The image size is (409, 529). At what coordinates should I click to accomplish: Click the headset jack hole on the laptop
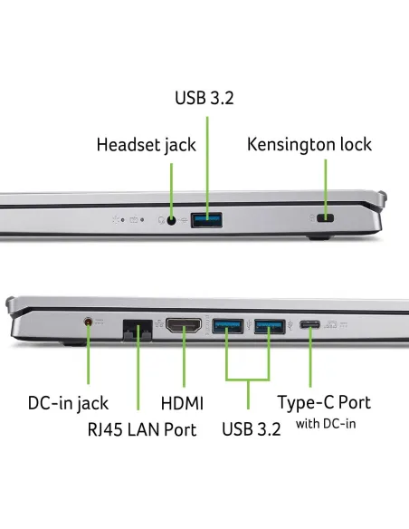[172, 221]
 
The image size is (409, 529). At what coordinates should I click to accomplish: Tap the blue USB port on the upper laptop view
[206, 220]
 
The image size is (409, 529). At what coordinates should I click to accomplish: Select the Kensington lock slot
[326, 218]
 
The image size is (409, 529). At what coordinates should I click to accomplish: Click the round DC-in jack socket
[88, 322]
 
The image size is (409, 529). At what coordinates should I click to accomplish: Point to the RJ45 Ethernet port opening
[138, 330]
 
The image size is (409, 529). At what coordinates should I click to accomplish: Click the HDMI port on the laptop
[184, 325]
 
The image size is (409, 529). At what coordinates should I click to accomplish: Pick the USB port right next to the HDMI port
[228, 326]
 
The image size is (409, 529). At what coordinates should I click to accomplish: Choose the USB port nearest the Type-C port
[270, 326]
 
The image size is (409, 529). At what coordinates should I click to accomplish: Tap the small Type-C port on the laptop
[310, 325]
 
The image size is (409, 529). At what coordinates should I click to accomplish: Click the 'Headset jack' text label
[147, 145]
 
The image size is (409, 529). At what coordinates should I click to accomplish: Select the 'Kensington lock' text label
[309, 144]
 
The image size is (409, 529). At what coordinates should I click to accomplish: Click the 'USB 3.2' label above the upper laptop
[204, 98]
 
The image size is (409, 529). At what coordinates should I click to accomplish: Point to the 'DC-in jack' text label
[68, 403]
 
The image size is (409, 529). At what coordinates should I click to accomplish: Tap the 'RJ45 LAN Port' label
[142, 429]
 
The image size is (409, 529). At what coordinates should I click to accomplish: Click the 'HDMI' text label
[182, 403]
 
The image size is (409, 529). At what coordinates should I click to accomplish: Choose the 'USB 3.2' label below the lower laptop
[252, 429]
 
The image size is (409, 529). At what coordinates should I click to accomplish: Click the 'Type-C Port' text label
[324, 402]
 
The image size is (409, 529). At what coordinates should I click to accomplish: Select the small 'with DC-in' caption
[326, 424]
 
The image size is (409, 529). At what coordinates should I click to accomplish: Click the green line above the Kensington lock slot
[326, 188]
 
